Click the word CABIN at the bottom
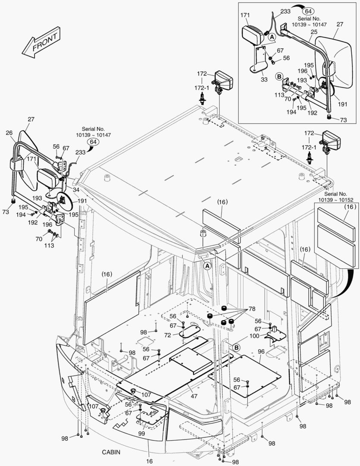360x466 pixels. coord(111,452)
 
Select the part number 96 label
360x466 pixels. coord(261,351)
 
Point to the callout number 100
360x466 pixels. coord(254,335)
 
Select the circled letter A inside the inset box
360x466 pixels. coord(272,38)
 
